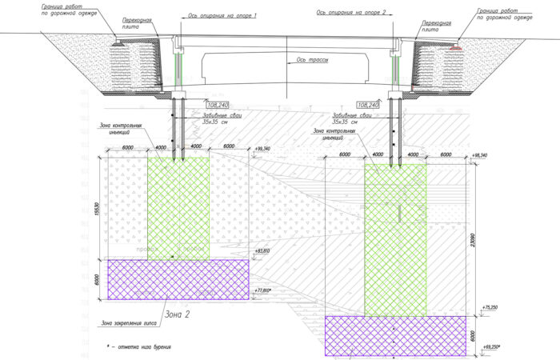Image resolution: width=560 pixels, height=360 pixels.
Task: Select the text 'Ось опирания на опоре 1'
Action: click(x=222, y=15)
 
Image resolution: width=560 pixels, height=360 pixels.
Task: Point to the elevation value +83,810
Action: click(x=262, y=252)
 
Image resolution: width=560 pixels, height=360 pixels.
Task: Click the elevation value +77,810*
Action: click(x=263, y=291)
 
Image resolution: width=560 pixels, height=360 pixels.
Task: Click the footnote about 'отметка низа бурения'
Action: click(x=139, y=346)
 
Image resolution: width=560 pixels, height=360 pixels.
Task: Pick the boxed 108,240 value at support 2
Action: click(x=369, y=105)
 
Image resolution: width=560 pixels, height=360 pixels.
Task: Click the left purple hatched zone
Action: click(x=178, y=278)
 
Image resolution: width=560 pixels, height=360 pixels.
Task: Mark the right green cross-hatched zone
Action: click(x=395, y=240)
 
